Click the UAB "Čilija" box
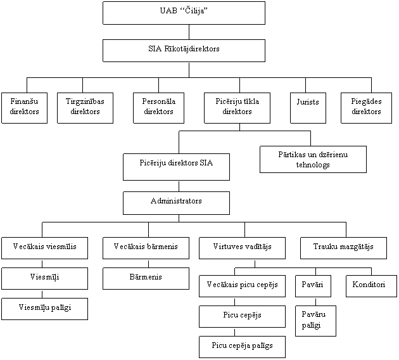pyautogui.click(x=184, y=13)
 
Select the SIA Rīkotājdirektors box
pyautogui.click(x=184, y=51)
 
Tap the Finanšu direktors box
pyautogui.click(x=25, y=108)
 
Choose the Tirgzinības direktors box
pyautogui.click(x=85, y=108)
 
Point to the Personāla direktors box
pyautogui.click(x=159, y=108)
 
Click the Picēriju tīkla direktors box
pyautogui.click(x=237, y=108)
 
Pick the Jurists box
pyautogui.click(x=308, y=108)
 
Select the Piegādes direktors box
pyautogui.click(x=367, y=108)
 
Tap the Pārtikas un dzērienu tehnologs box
pyautogui.click(x=313, y=159)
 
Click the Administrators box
pyautogui.click(x=176, y=203)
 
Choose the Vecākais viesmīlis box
pyautogui.click(x=45, y=248)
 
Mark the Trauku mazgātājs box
pyautogui.click(x=343, y=248)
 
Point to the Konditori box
pyautogui.click(x=372, y=286)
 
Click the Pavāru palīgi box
pyautogui.click(x=316, y=321)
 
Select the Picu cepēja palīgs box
pyautogui.click(x=242, y=347)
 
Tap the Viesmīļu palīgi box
pyautogui.click(x=45, y=309)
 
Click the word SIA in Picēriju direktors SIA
pyautogui.click(x=206, y=163)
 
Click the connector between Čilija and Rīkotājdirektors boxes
pyautogui.click(x=189, y=32)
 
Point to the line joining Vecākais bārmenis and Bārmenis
pyautogui.click(x=149, y=264)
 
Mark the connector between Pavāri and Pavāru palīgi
pyautogui.click(x=316, y=302)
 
